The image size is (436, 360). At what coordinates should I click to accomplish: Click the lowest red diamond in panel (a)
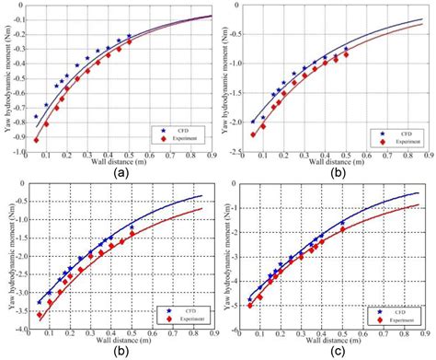pos(37,140)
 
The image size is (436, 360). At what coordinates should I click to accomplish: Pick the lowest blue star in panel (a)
pos(37,117)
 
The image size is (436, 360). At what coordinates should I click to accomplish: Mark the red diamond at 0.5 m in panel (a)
pos(129,41)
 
